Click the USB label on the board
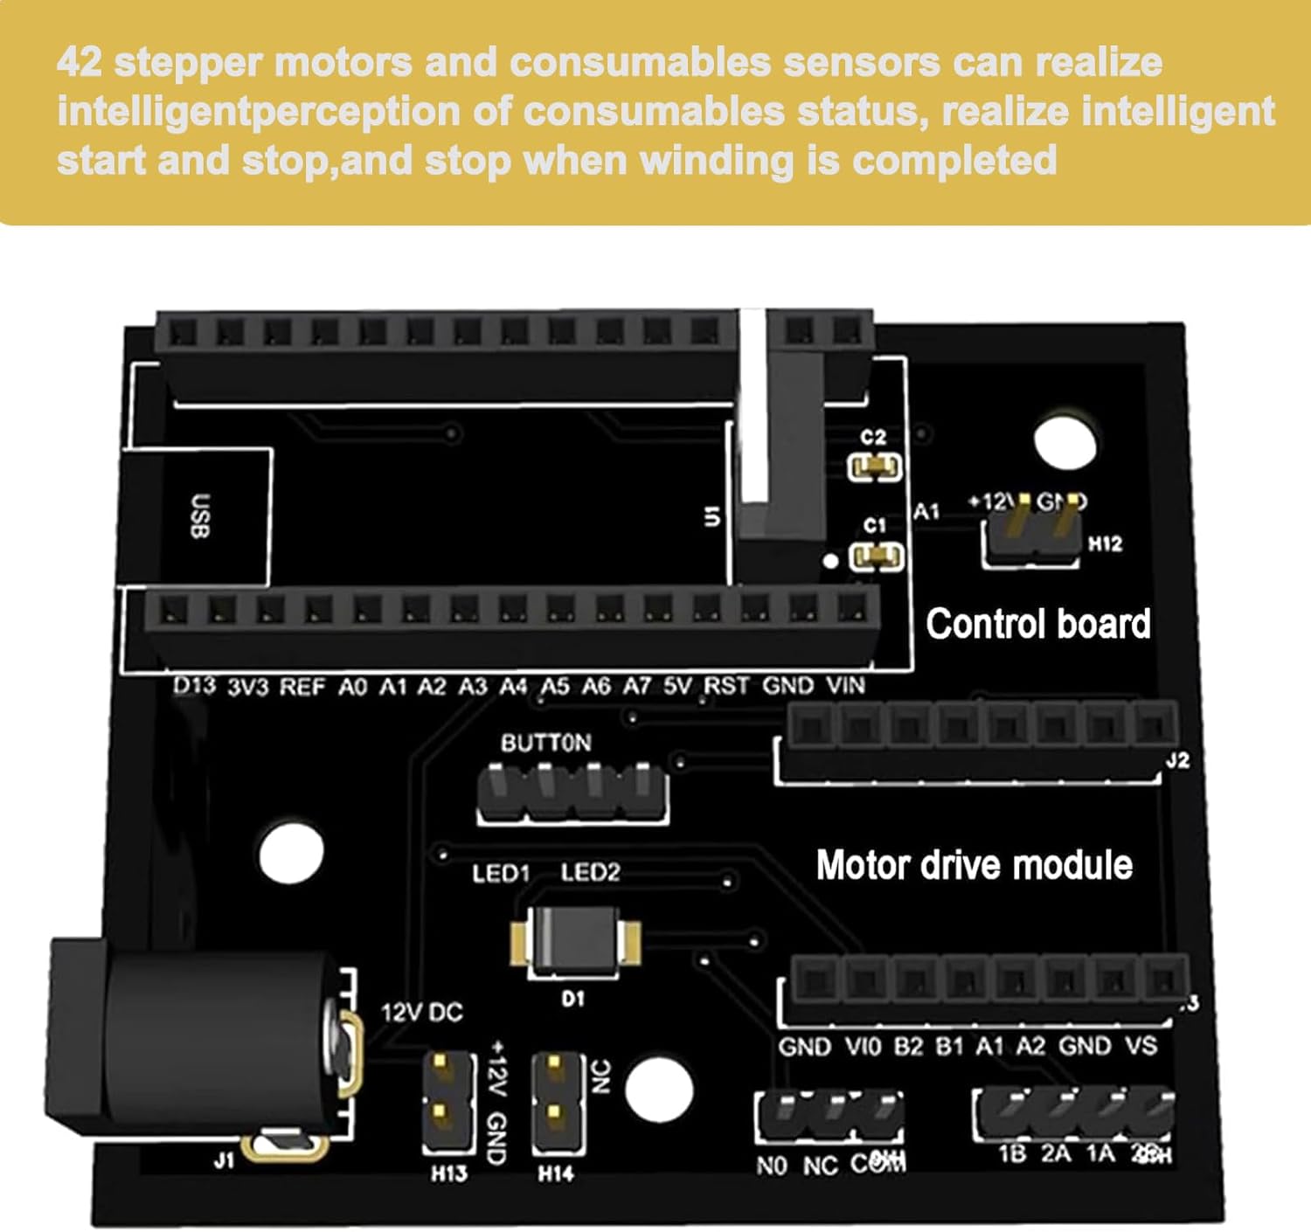200,516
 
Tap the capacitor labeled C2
875,467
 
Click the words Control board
1037,624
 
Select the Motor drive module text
974,865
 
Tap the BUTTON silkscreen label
545,743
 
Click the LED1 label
501,873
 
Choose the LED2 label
590,872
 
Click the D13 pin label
194,686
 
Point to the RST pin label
726,686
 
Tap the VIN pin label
845,686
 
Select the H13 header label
448,1173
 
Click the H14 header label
556,1173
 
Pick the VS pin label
1141,1046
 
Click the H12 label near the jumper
1105,543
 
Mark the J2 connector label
1177,760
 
